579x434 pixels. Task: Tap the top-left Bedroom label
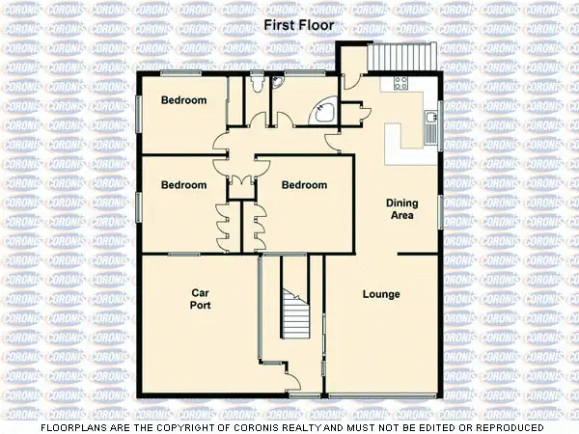tap(183, 100)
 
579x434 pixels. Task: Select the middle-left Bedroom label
tap(183, 185)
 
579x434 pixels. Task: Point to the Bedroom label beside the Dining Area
tap(304, 185)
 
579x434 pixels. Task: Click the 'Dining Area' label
tap(400, 209)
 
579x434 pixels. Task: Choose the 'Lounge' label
tap(381, 293)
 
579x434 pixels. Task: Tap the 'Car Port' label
tap(201, 298)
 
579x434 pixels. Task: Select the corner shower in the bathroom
tap(324, 112)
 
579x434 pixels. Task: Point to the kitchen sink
tap(429, 120)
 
